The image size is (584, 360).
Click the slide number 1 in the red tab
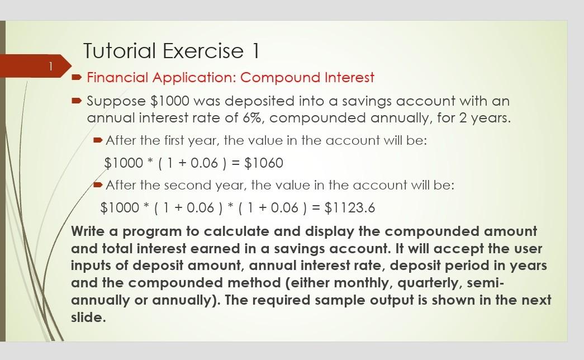[x=50, y=67]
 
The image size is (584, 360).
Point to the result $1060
[x=264, y=163]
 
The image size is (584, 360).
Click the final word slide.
[x=87, y=318]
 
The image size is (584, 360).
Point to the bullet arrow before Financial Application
[x=77, y=77]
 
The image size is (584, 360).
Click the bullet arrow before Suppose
[x=77, y=101]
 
